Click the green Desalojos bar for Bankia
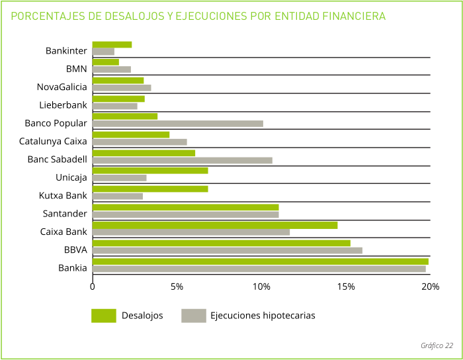[260, 261]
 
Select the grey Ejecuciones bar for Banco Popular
[177, 124]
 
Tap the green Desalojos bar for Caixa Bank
[214, 225]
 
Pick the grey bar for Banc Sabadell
[182, 160]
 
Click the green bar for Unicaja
[149, 171]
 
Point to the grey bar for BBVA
[227, 250]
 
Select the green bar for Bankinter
[112, 44]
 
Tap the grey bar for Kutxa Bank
[117, 196]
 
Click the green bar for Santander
[185, 207]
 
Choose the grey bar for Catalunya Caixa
[139, 142]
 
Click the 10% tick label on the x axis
[261, 287]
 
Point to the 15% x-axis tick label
[346, 287]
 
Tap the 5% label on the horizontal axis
[177, 287]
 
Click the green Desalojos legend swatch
[103, 316]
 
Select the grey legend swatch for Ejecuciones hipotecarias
[193, 316]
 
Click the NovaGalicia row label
[62, 87]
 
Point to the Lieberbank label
[63, 105]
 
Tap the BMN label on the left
[76, 68]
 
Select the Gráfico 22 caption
[437, 345]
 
